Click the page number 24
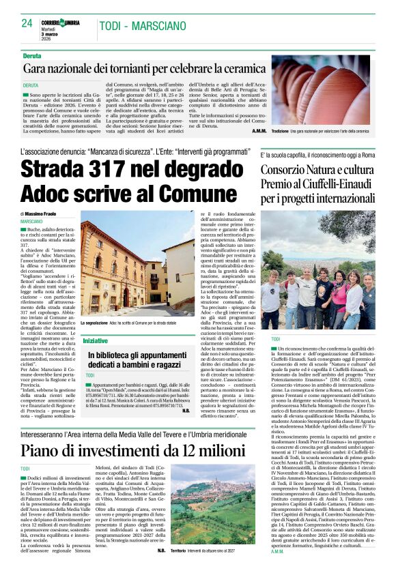27,23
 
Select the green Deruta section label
31,55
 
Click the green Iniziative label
95,340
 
